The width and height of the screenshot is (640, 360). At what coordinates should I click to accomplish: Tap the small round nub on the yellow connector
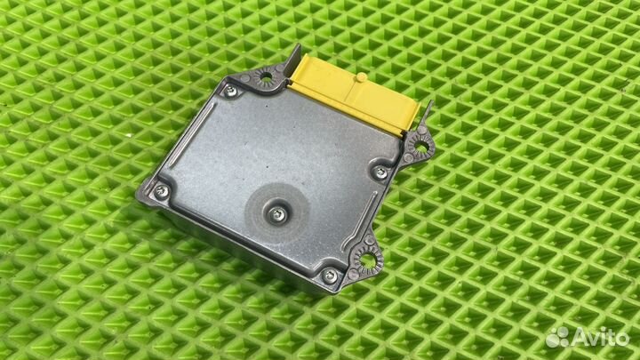[x=361, y=77]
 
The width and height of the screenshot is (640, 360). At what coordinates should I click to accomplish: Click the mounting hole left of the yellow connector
[x=266, y=76]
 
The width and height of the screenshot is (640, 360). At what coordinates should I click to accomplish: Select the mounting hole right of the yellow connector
[x=420, y=146]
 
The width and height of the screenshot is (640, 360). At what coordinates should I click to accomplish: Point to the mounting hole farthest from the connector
[x=366, y=260]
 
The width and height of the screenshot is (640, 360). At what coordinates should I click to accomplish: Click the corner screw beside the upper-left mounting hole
[x=230, y=91]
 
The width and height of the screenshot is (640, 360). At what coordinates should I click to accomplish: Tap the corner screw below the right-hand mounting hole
[x=380, y=172]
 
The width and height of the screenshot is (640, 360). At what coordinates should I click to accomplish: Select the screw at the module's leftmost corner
[x=162, y=191]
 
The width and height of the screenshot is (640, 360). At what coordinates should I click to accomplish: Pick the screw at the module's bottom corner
[x=329, y=276]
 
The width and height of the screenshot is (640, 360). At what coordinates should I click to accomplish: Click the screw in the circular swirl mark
[x=277, y=213]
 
